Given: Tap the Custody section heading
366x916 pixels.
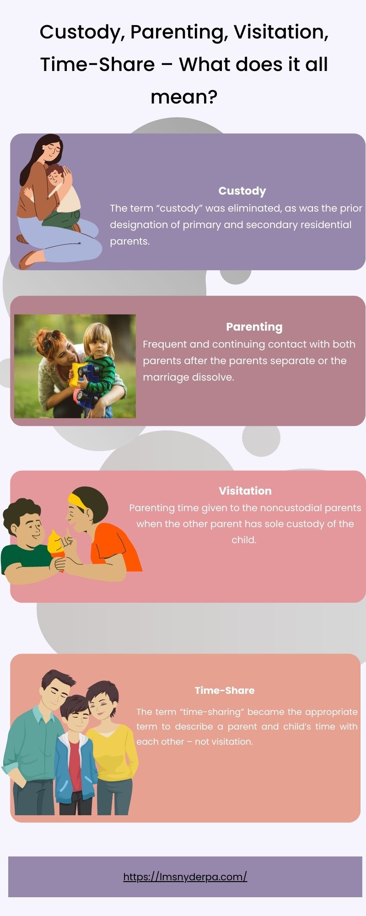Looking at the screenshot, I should (x=242, y=191).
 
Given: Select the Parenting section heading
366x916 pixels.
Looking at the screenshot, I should (x=254, y=327).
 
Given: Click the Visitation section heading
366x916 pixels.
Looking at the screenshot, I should (x=245, y=491).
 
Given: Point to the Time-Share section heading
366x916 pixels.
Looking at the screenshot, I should (x=224, y=690).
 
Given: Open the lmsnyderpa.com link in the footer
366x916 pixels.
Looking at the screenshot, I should (x=185, y=877).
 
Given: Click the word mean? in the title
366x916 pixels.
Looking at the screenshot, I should (x=183, y=97).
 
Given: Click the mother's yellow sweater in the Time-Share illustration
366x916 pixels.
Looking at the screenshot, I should (x=112, y=751).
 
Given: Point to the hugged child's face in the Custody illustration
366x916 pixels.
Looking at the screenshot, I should (x=55, y=176).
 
